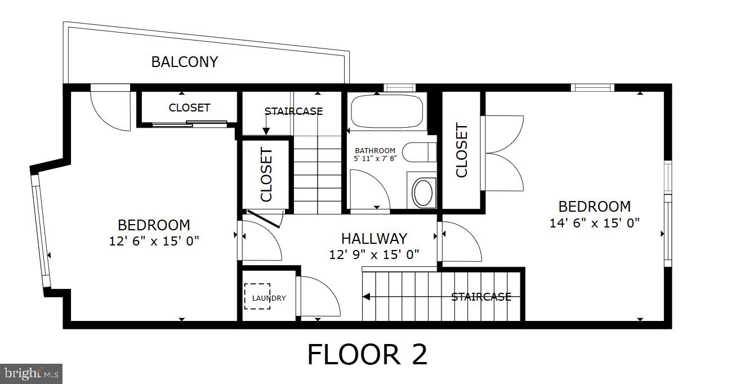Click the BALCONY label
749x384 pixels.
[184, 62]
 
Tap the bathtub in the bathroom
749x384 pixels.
[386, 112]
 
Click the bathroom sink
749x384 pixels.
[422, 192]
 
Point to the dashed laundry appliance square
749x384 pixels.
[257, 296]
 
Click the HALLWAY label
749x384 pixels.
[374, 239]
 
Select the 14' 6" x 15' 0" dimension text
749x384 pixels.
[594, 223]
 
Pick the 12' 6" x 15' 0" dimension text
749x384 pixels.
[154, 242]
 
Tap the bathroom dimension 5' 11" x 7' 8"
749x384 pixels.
[375, 159]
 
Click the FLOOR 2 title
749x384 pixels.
[367, 354]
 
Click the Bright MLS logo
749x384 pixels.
[31, 373]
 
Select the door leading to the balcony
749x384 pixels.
[110, 109]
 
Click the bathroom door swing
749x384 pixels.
[369, 190]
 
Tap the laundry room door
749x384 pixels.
[318, 296]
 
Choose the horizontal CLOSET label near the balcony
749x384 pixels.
[189, 108]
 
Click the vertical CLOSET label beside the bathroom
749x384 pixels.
[461, 150]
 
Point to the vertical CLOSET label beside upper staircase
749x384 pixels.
[266, 175]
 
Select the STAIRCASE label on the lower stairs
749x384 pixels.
[481, 297]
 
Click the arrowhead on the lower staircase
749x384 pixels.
[365, 297]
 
